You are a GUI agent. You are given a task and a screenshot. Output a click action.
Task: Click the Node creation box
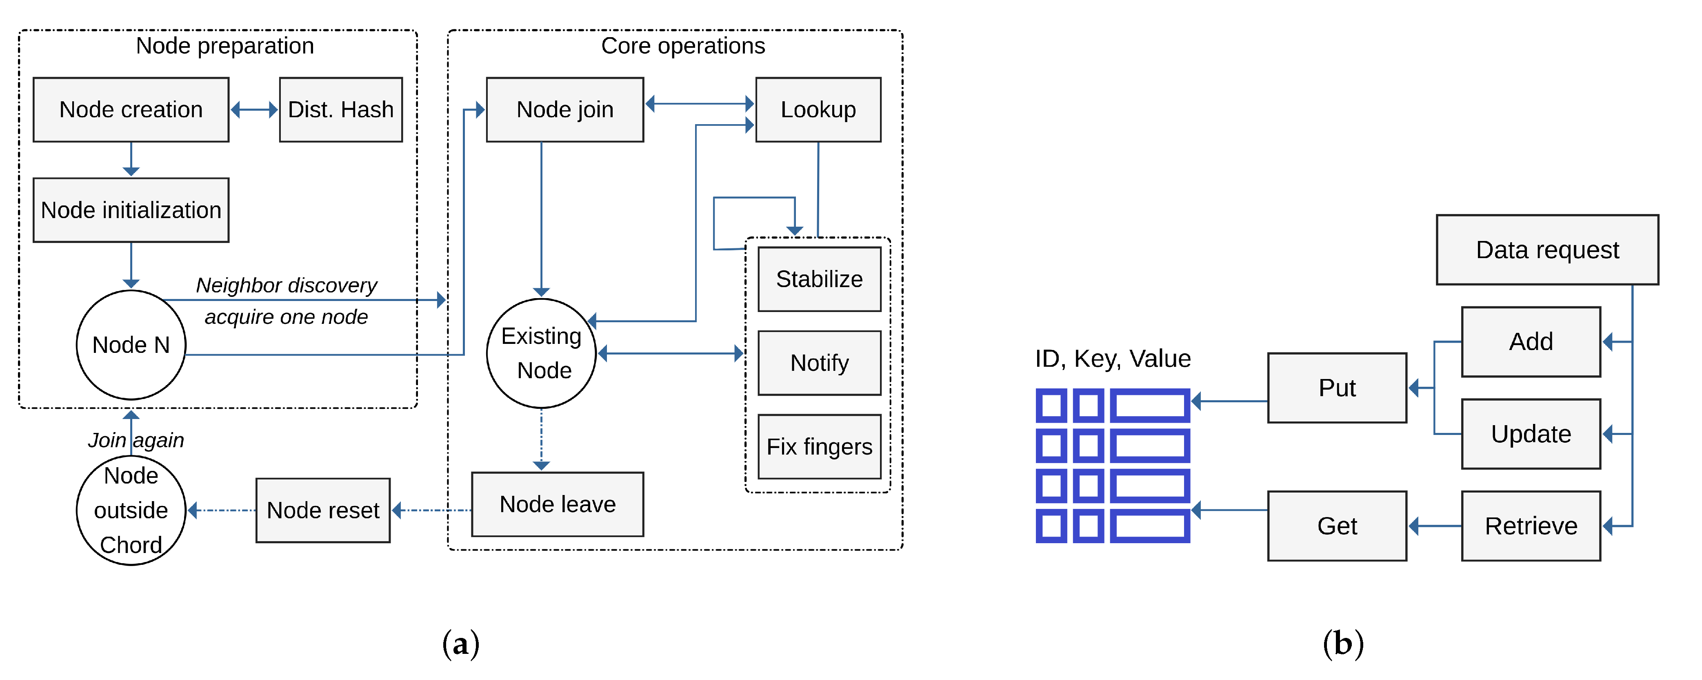pos(131,110)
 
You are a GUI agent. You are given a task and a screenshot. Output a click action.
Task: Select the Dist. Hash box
pos(340,110)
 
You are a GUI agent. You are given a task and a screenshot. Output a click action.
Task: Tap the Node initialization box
pos(131,210)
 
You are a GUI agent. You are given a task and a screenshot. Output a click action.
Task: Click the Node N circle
pos(131,345)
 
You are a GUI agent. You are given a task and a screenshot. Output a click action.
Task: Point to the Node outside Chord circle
pos(131,510)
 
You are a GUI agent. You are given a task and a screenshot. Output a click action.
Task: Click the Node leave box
pos(557,504)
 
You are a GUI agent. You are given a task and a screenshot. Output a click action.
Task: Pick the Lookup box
pos(818,110)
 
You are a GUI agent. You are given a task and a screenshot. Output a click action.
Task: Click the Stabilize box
pos(819,279)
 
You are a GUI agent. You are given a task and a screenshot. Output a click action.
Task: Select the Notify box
pos(819,363)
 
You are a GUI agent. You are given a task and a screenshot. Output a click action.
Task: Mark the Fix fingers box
pos(819,447)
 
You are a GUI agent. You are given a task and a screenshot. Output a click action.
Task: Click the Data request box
pos(1547,250)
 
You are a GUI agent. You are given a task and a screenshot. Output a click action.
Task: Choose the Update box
pos(1531,434)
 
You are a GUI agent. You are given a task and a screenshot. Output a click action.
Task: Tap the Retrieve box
pos(1531,526)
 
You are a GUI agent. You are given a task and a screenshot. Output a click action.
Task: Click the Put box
pos(1337,388)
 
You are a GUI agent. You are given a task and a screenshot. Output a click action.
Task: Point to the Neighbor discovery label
pos(286,285)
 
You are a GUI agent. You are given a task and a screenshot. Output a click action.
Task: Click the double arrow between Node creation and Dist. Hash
pos(254,110)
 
